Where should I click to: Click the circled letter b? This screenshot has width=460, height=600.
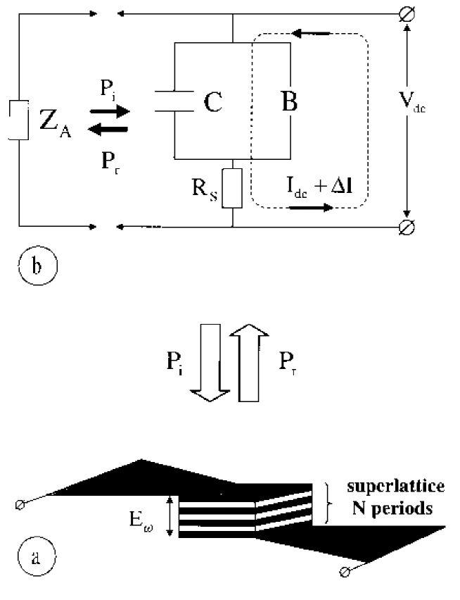coord(32,267)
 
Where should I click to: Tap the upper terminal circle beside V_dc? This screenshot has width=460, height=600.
coord(405,14)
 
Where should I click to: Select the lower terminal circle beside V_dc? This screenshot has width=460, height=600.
coord(405,227)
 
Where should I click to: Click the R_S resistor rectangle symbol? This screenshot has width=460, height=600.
coord(231,187)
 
